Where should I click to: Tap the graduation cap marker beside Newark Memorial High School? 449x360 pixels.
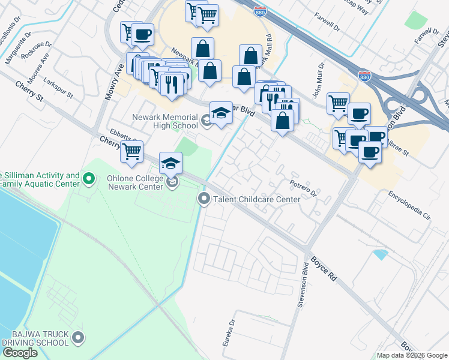[x=221, y=113]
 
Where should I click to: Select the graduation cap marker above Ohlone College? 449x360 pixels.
[x=170, y=163]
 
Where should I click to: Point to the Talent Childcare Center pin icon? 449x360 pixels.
[x=204, y=198]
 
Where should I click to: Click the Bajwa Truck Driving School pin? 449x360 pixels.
[x=77, y=338]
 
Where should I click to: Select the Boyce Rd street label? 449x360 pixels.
[x=324, y=270]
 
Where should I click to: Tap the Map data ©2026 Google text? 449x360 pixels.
[x=412, y=355]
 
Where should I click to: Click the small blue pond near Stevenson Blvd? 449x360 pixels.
[x=380, y=254]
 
